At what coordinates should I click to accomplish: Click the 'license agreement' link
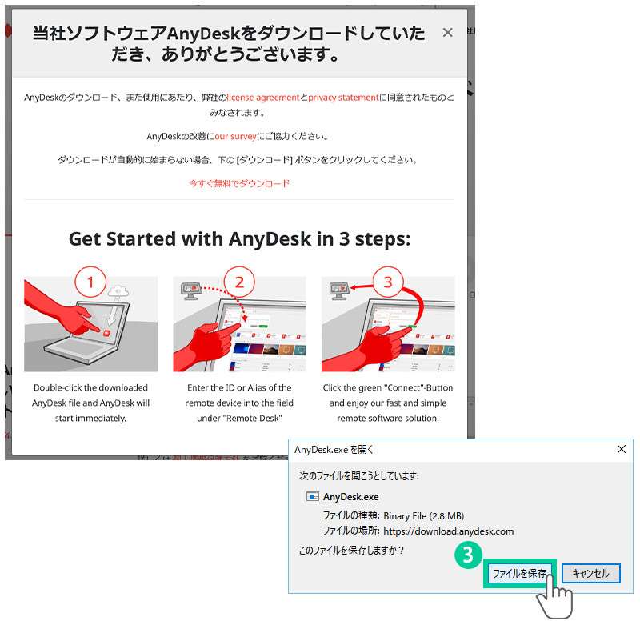click(263, 98)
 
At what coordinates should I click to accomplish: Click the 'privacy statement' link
click(343, 98)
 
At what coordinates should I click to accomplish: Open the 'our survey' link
click(235, 136)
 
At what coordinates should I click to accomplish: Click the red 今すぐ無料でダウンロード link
click(239, 184)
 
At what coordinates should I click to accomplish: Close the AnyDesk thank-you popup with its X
click(448, 33)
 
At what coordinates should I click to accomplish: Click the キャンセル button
click(590, 573)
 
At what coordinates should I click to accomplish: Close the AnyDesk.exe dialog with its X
click(622, 449)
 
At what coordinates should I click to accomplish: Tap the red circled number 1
click(90, 282)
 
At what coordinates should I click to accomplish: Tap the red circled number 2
click(239, 282)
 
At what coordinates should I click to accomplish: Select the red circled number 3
click(388, 282)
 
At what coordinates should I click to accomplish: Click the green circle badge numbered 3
click(468, 555)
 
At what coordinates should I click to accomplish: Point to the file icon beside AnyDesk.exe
click(313, 496)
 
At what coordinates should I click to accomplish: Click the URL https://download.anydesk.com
click(449, 531)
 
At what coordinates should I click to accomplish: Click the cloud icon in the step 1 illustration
click(118, 290)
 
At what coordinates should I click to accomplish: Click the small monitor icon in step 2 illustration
click(190, 290)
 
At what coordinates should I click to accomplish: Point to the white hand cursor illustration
click(554, 596)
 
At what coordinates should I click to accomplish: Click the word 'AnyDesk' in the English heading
click(270, 239)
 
